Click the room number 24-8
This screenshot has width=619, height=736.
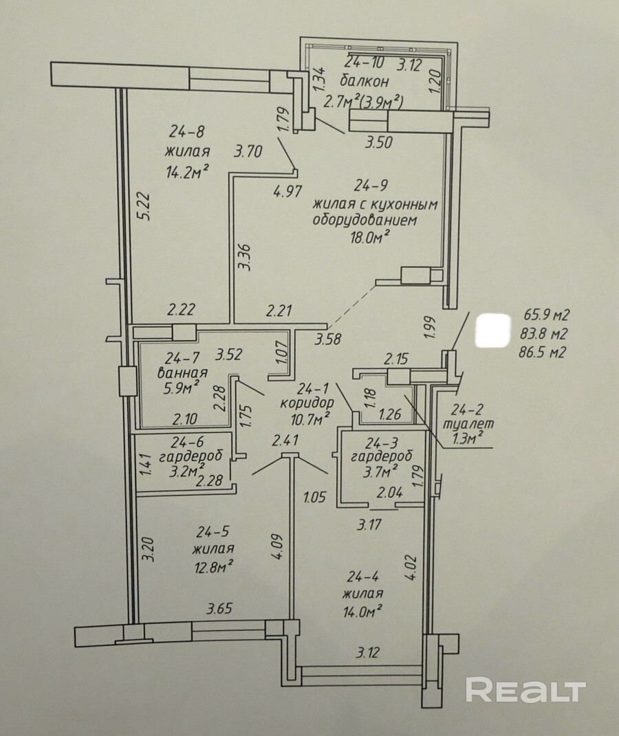[187, 133]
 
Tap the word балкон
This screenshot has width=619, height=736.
[365, 81]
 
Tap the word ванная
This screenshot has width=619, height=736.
[183, 373]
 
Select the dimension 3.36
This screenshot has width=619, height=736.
[245, 256]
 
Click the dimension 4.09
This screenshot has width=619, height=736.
[279, 546]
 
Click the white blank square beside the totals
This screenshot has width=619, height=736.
[492, 331]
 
